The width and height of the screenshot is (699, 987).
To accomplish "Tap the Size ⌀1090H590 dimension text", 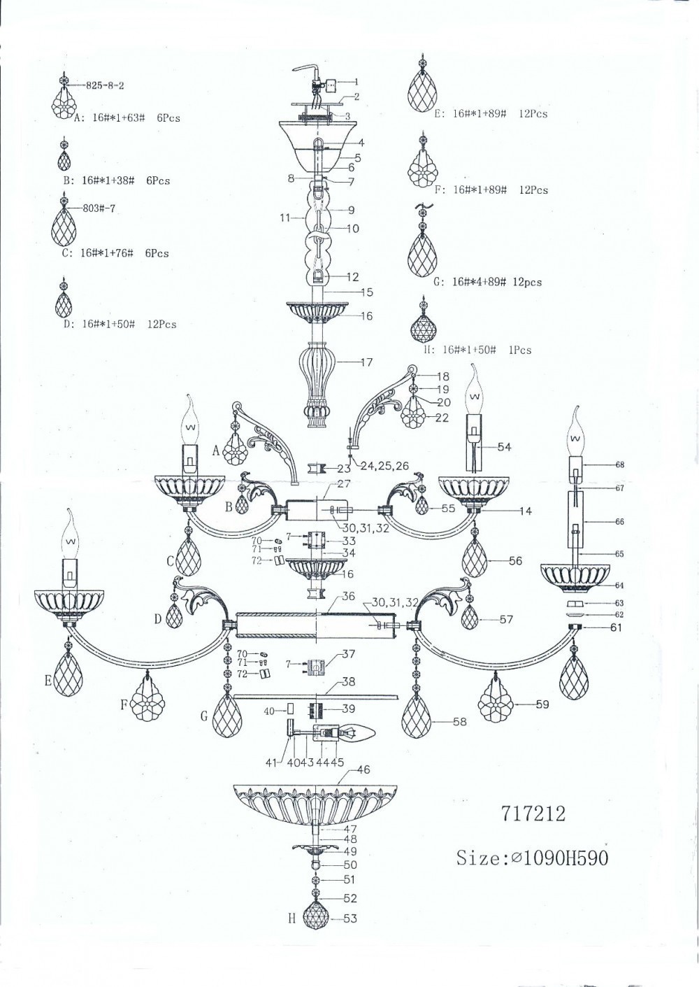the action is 532,858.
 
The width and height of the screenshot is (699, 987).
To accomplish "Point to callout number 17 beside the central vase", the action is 366,362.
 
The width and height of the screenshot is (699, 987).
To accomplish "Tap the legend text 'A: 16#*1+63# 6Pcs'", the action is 127,118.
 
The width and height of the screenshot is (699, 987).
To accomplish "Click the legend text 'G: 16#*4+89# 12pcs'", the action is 487,282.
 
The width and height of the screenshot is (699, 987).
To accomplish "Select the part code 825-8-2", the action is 105,85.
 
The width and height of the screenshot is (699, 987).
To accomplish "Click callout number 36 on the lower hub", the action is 348,596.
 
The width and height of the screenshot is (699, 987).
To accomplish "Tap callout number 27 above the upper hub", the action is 344,484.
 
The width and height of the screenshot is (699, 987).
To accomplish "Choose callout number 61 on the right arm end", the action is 615,627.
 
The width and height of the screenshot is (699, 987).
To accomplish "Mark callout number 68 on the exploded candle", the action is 619,465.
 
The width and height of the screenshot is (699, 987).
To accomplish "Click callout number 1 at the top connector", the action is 356,82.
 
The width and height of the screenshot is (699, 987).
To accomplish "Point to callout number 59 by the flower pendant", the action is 542,704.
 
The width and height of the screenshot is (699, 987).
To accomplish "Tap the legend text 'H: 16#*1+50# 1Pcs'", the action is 477,350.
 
